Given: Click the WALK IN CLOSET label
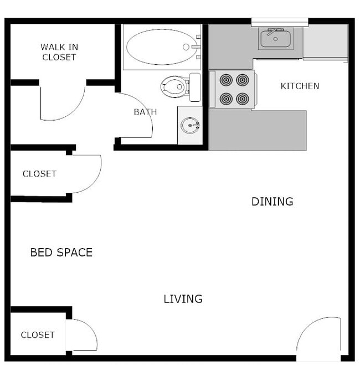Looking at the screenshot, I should (58, 52).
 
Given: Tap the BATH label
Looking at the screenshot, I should (145, 112).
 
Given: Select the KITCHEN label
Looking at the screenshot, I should (300, 86).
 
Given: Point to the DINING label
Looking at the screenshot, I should (272, 202).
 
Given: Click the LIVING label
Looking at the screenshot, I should (183, 299).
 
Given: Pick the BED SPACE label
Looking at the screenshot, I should (61, 252).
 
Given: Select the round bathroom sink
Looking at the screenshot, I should (191, 126).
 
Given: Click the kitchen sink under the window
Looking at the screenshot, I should (274, 40).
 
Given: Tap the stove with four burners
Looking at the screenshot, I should (233, 89).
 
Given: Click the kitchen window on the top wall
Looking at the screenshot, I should (279, 22).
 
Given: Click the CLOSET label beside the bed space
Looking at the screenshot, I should (39, 174).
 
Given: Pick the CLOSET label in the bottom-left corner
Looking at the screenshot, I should (38, 335).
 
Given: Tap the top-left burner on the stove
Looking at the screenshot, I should (225, 80).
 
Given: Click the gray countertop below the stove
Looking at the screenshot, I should (258, 130).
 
